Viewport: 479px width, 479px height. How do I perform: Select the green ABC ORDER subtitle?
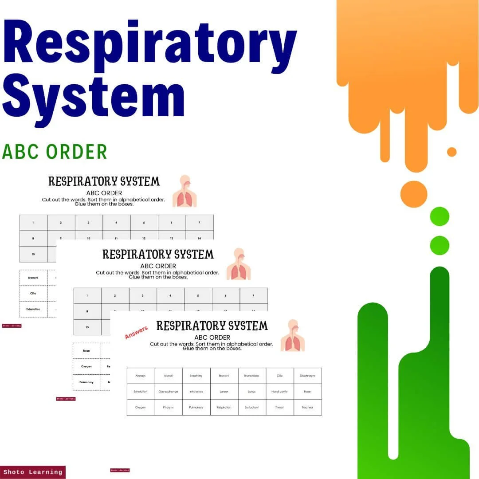55,152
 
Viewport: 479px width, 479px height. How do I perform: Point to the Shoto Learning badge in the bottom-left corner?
33,472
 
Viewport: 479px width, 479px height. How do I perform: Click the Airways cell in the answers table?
141,376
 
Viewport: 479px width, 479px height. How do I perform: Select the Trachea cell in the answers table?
307,407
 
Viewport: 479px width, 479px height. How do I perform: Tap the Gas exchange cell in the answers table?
169,392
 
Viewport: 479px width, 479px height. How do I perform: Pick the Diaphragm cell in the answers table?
307,376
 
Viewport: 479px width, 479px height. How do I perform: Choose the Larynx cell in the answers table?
224,392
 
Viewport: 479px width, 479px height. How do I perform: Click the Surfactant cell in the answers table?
251,407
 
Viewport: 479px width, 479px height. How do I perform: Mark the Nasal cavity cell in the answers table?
279,392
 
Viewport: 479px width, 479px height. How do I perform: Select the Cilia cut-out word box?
33,293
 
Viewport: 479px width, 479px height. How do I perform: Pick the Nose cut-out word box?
86,350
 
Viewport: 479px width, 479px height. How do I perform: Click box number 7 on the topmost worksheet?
199,223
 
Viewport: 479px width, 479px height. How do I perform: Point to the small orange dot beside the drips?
452,152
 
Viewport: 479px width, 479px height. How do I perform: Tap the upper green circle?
440,216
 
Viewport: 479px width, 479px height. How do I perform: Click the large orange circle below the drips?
413,194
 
